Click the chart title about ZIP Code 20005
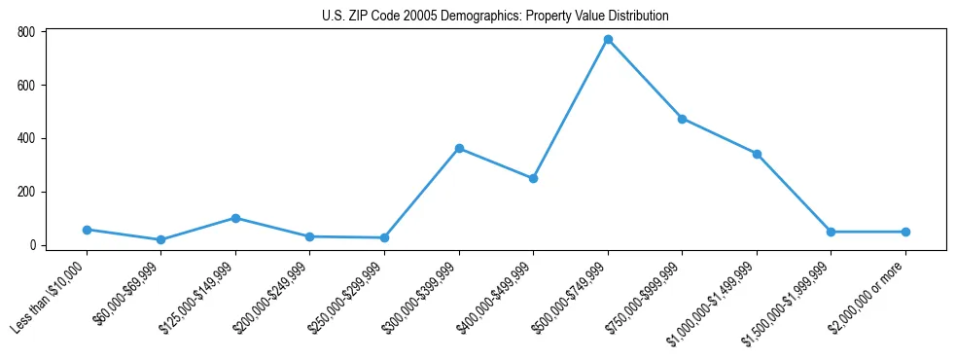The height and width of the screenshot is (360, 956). pyautogui.click(x=495, y=17)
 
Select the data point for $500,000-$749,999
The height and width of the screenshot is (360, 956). pyautogui.click(x=608, y=40)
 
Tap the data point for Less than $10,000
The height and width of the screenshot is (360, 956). pyautogui.click(x=87, y=230)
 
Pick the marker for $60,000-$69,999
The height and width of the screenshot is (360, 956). pyautogui.click(x=160, y=239)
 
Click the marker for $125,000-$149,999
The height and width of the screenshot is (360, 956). pyautogui.click(x=235, y=218)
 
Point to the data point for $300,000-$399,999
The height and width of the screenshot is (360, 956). pyautogui.click(x=459, y=149)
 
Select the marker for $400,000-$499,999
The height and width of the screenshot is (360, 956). pyautogui.click(x=533, y=178)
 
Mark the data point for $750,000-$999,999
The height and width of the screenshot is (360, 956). pyautogui.click(x=682, y=119)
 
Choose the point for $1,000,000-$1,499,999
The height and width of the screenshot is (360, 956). pyautogui.click(x=757, y=154)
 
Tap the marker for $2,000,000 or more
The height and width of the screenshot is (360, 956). pyautogui.click(x=905, y=232)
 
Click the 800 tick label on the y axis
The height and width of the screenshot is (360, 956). pyautogui.click(x=26, y=32)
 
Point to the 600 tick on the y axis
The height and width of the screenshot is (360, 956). pyautogui.click(x=26, y=86)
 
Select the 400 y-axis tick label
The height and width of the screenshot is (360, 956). pyautogui.click(x=26, y=138)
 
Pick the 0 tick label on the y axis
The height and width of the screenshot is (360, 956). pyautogui.click(x=32, y=245)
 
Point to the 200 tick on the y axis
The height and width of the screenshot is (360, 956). pyautogui.click(x=26, y=192)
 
